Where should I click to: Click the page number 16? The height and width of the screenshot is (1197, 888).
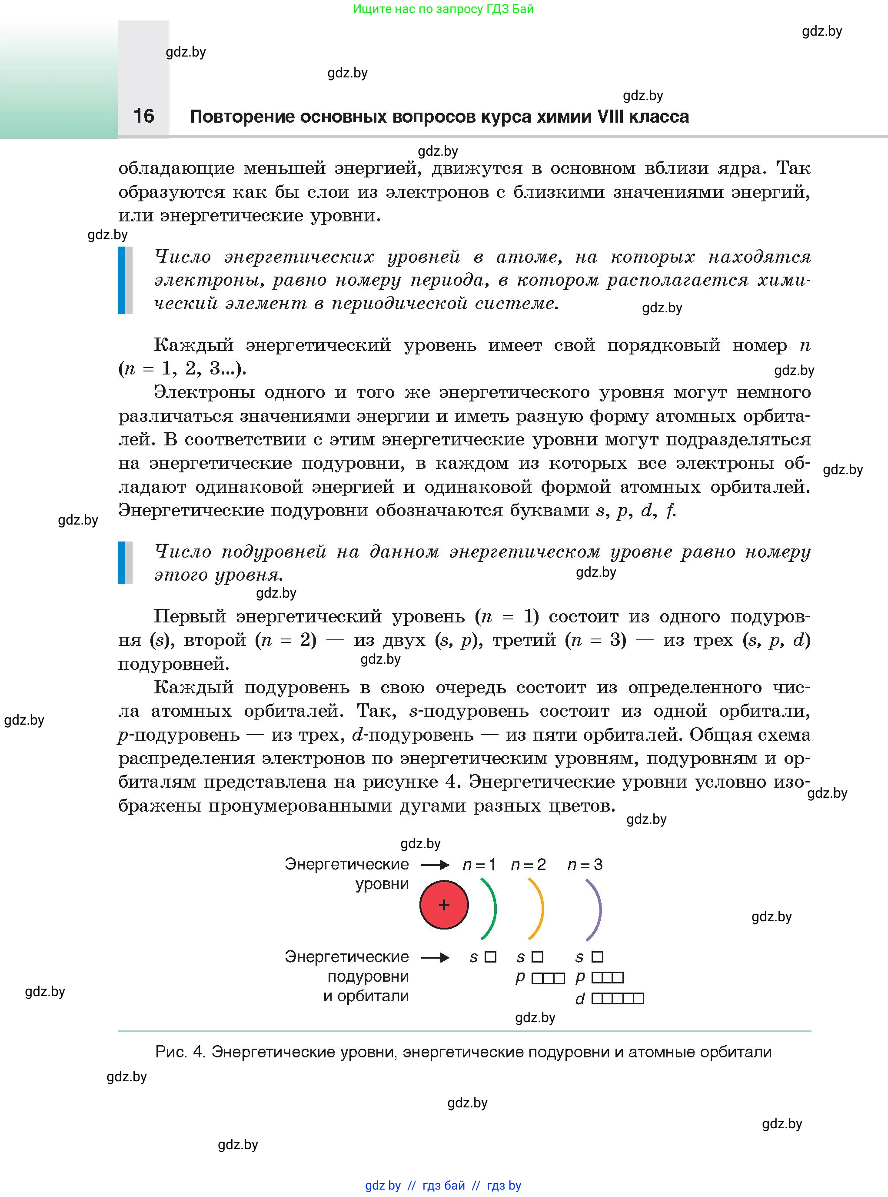143,116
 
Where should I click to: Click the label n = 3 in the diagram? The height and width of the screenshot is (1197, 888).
585,865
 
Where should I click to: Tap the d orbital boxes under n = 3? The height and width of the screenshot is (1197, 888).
618,999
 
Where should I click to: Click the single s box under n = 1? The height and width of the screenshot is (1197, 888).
490,957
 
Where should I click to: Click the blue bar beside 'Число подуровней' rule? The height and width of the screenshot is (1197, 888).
121,562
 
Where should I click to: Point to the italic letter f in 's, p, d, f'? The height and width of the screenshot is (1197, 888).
670,510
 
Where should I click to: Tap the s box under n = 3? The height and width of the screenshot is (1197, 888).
597,957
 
